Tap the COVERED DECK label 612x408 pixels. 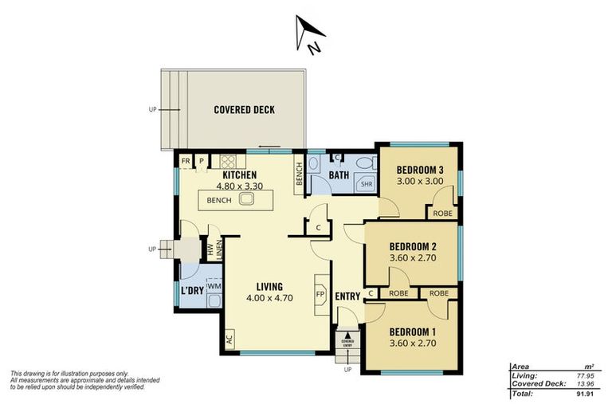click(x=244, y=110)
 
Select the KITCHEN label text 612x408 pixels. click(x=239, y=175)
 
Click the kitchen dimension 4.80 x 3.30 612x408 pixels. click(x=239, y=187)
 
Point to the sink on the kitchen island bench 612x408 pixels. click(x=245, y=200)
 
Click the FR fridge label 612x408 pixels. click(x=186, y=160)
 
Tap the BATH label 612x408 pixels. click(x=339, y=175)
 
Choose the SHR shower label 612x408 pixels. click(x=367, y=184)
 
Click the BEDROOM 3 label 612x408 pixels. click(x=420, y=169)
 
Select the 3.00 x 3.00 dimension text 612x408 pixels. click(x=419, y=182)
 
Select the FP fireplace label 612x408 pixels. click(x=321, y=292)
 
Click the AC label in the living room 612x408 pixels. click(x=229, y=338)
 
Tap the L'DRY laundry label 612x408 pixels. click(x=193, y=291)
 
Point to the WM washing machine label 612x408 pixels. click(x=214, y=285)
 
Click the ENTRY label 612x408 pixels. click(x=347, y=296)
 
